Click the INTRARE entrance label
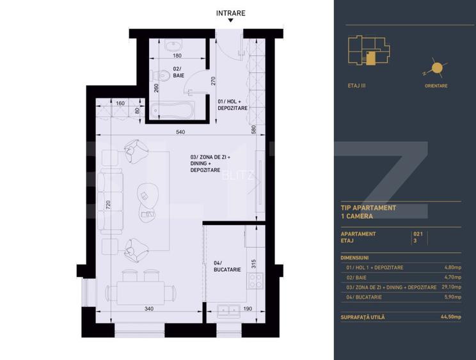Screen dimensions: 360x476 pyautogui.click(x=230, y=13)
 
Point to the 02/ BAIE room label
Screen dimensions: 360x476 pyautogui.click(x=178, y=72)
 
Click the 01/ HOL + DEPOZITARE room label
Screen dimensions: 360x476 pyautogui.click(x=232, y=105)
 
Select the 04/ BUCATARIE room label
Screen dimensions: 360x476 pyautogui.click(x=227, y=266)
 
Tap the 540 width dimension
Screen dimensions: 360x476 pyautogui.click(x=180, y=132)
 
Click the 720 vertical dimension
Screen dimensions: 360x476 pyautogui.click(x=108, y=205)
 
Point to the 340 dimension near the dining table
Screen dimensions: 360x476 pyautogui.click(x=148, y=309)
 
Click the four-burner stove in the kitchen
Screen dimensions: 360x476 pyautogui.click(x=255, y=280)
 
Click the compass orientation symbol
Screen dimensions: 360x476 pyautogui.click(x=437, y=67)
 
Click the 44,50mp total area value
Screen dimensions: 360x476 pyautogui.click(x=450, y=317)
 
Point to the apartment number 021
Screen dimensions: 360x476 pyautogui.click(x=419, y=234)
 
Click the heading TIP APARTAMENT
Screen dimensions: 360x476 pyautogui.click(x=369, y=208)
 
